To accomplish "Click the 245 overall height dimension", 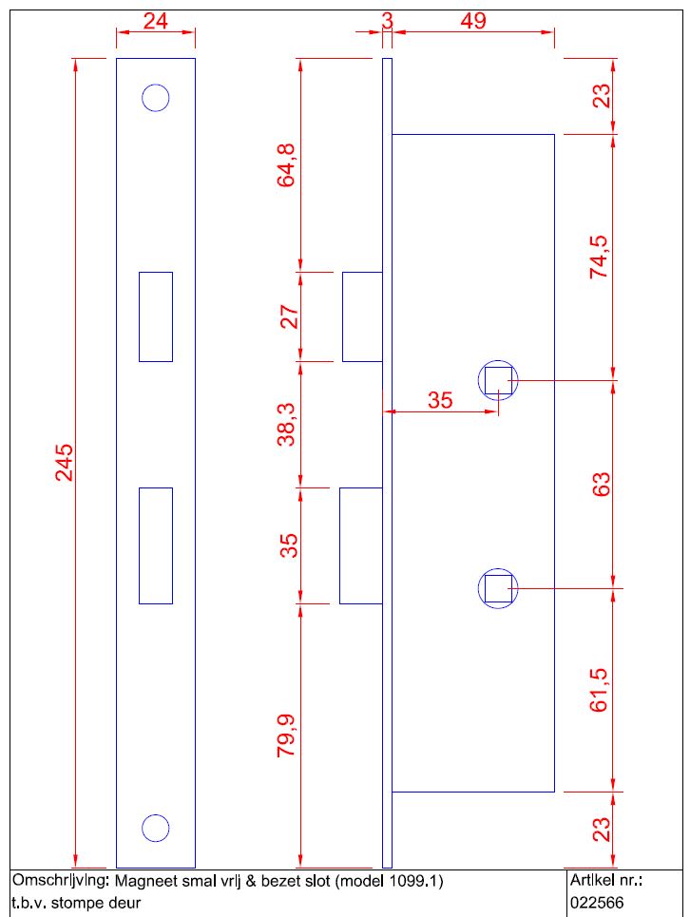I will tap(64, 462).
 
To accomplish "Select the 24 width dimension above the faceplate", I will tap(155, 21).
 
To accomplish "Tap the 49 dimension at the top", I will tap(472, 21).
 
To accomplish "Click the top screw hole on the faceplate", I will tap(155, 97).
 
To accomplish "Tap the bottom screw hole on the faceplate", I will tap(155, 828).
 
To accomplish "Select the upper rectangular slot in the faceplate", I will tap(155, 316).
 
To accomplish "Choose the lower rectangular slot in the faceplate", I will tap(155, 545).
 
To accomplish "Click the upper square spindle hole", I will tap(497, 381).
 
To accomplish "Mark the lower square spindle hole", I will tap(497, 589).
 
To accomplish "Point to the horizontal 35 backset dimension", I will tap(440, 400).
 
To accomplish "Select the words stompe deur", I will tap(95, 903).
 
